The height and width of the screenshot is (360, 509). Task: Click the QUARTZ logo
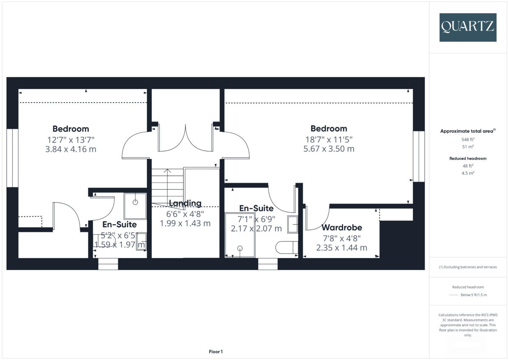pos(468,27)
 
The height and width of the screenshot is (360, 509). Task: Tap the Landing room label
pos(185,203)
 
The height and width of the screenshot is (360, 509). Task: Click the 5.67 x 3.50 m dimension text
pos(329,149)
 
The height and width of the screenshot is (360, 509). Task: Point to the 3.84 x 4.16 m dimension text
pos(70,149)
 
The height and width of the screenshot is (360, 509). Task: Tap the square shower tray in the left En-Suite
pos(135,206)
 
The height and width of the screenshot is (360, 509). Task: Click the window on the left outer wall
pos(12,157)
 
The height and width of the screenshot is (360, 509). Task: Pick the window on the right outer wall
pos(419,156)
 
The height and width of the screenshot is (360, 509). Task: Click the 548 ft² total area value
pos(467,139)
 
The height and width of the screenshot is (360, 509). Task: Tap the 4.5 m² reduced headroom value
pos(467,173)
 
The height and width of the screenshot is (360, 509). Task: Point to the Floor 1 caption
pos(215,352)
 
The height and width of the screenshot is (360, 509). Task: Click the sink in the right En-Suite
pos(293,224)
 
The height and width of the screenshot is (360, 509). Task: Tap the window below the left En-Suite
pos(108,264)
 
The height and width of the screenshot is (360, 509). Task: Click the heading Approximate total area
pos(467,131)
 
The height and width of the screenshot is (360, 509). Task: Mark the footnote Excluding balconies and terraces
pos(467,267)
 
